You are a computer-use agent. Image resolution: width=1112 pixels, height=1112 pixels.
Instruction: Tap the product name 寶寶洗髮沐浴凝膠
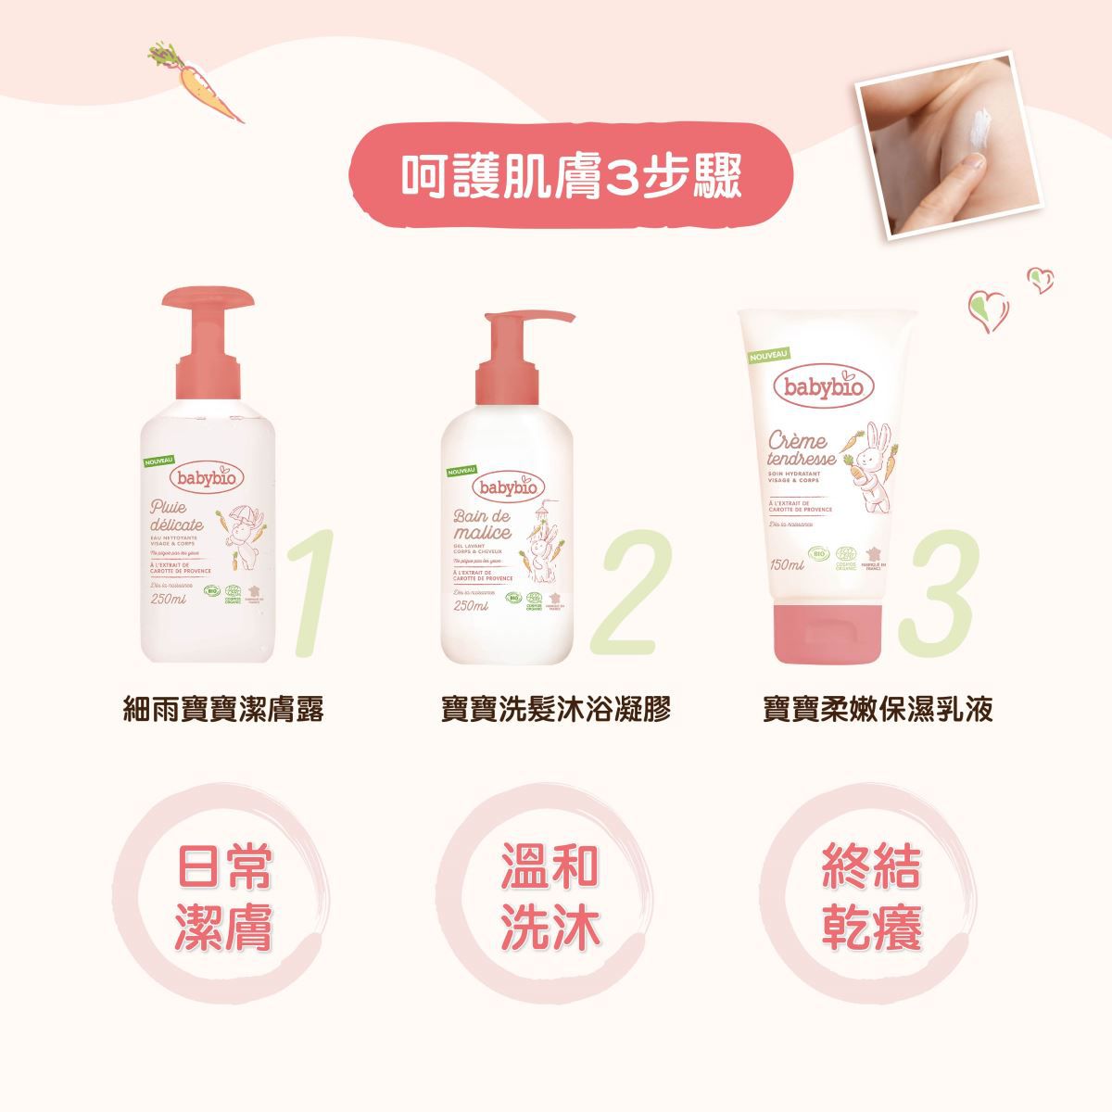point(555,710)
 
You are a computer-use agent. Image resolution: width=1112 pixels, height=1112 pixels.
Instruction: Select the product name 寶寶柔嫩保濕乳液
point(877,710)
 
